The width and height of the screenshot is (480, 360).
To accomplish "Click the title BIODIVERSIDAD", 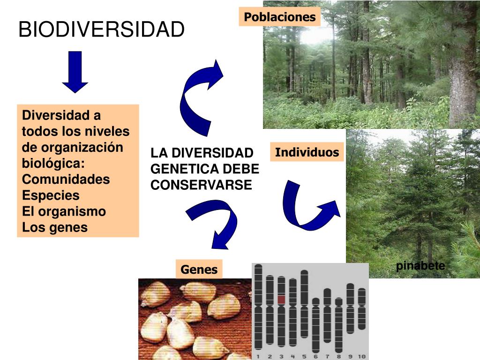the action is pyautogui.click(x=101, y=30).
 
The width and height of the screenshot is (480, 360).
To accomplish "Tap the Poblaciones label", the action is pyautogui.click(x=280, y=17).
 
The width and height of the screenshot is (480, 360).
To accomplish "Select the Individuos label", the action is pyautogui.click(x=307, y=152).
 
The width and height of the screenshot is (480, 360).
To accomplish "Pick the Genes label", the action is pyautogui.click(x=199, y=270).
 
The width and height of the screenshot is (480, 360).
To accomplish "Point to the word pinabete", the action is pyautogui.click(x=420, y=266).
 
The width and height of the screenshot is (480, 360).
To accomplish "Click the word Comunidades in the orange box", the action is pyautogui.click(x=66, y=180).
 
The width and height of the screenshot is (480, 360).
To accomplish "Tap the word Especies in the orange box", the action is pyautogui.click(x=51, y=195).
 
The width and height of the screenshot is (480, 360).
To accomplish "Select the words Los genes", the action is pyautogui.click(x=55, y=228).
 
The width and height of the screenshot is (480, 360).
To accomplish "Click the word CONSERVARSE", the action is pyautogui.click(x=201, y=185).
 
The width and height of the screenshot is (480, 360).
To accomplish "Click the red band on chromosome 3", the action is pyautogui.click(x=281, y=299).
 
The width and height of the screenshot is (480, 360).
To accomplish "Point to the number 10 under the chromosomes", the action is pyautogui.click(x=361, y=357).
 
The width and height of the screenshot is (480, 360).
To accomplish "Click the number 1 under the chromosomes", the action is pyautogui.click(x=258, y=357).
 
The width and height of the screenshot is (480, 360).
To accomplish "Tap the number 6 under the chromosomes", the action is pyautogui.click(x=315, y=357).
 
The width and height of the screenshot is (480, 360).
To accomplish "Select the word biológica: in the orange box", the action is pyautogui.click(x=53, y=164).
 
